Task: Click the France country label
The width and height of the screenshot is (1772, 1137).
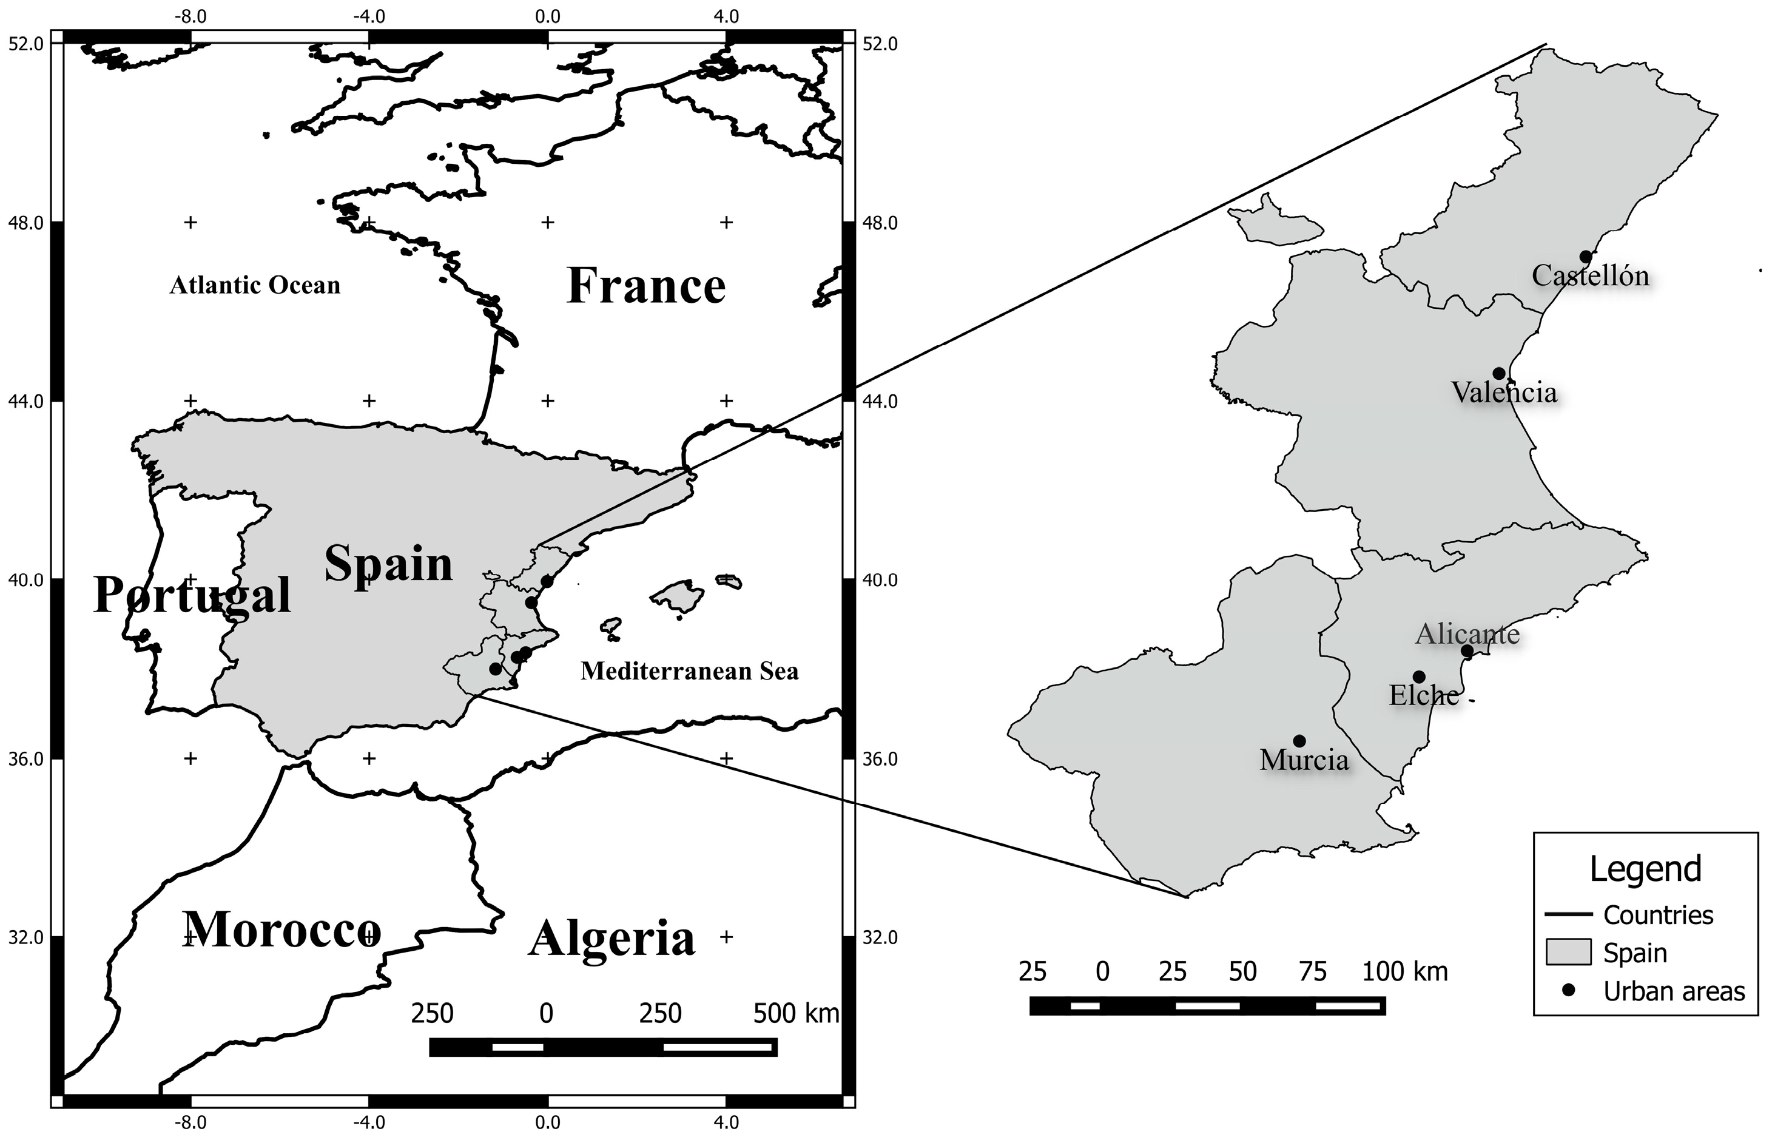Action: tap(646, 286)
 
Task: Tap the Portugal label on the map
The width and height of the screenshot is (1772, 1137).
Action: tap(193, 595)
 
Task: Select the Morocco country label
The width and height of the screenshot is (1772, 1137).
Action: tap(281, 930)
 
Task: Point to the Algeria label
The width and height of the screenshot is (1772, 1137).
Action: tap(612, 939)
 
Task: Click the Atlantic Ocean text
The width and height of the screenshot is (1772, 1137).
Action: tap(255, 285)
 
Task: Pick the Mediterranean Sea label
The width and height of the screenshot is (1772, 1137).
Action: tap(689, 671)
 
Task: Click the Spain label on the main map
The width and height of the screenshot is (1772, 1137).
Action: tap(388, 564)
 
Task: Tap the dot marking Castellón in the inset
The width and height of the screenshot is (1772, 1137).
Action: tap(1585, 257)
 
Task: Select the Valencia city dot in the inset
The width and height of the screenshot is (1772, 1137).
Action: tap(1498, 374)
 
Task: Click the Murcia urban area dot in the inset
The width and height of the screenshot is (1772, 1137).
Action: tap(1299, 741)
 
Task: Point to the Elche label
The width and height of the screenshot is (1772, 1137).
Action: tap(1424, 695)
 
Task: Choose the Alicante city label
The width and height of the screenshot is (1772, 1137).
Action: tap(1467, 634)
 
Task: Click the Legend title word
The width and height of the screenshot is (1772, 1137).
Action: tap(1645, 869)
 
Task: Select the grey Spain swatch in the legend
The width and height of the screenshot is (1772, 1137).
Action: tap(1568, 953)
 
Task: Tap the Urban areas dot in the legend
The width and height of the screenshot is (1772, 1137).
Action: tap(1569, 991)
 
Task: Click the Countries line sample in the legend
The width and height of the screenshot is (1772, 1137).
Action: tap(1568, 915)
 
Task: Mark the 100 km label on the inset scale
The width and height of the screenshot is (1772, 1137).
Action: tap(1404, 971)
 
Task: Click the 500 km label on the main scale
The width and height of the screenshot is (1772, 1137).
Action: tap(795, 1014)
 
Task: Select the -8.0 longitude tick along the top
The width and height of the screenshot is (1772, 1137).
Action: tap(190, 16)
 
